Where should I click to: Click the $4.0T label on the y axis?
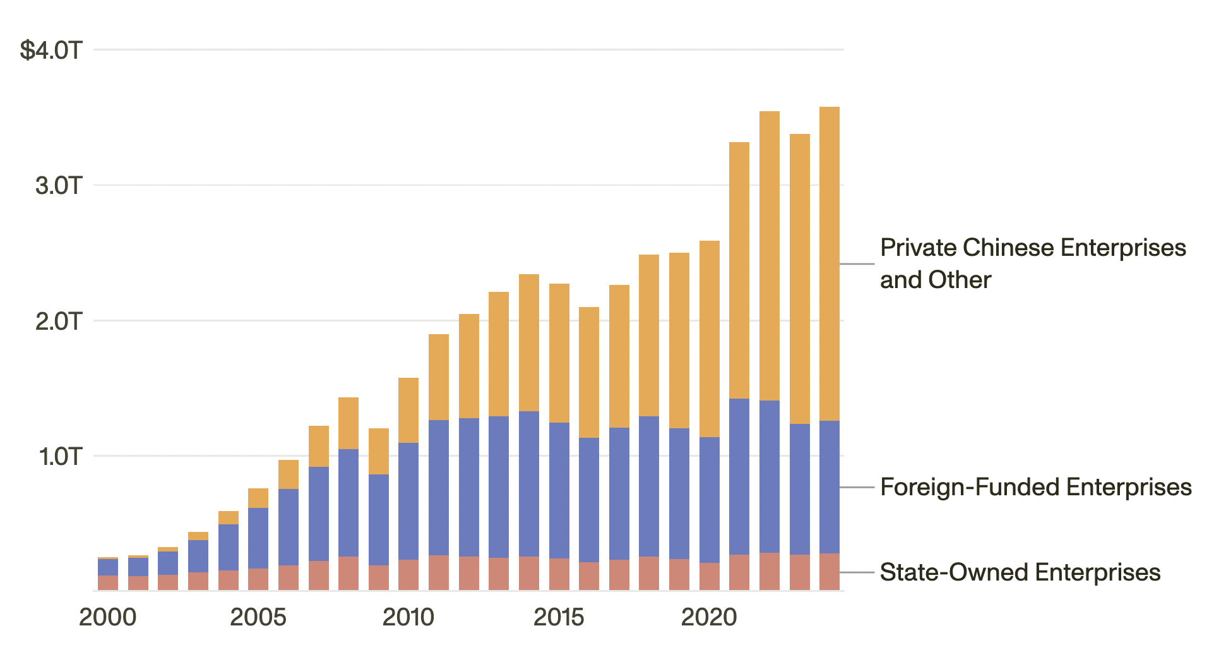(x=51, y=50)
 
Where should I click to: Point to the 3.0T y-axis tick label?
(x=59, y=186)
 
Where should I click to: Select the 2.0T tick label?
(x=59, y=321)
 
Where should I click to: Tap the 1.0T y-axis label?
(x=61, y=456)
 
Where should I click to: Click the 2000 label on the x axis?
(x=108, y=617)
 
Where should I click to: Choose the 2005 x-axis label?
(x=258, y=617)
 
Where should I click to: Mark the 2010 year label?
(x=408, y=617)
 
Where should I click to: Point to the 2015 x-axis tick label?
(x=559, y=617)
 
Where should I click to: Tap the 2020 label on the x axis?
(x=709, y=617)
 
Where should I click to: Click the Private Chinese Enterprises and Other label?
(x=1033, y=263)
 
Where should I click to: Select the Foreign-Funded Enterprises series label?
(x=1035, y=487)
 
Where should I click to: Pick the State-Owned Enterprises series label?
(x=1020, y=572)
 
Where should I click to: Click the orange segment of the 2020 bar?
(x=710, y=339)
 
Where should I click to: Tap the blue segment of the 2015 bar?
(x=559, y=490)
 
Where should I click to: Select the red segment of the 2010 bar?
(x=408, y=575)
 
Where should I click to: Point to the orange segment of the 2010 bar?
(x=408, y=411)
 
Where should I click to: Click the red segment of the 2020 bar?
(x=710, y=577)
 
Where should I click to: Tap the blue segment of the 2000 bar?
(x=108, y=567)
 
